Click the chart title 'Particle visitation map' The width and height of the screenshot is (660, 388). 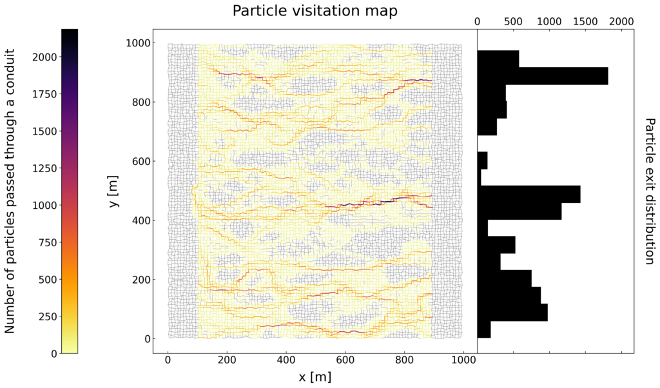click(x=315, y=11)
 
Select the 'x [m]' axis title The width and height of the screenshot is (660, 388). click(x=315, y=376)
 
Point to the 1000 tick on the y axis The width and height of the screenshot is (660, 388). click(x=137, y=43)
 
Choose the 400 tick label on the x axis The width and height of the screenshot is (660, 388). click(x=286, y=363)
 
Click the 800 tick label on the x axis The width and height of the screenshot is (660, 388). click(x=404, y=363)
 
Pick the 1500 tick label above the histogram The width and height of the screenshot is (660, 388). click(x=585, y=21)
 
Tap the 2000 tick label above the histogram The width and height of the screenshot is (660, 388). click(x=621, y=21)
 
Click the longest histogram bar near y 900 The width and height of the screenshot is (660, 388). click(x=542, y=76)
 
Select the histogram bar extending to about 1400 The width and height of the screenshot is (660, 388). click(x=529, y=194)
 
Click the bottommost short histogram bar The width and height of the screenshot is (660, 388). click(x=484, y=329)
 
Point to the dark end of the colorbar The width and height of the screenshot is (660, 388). click(x=70, y=32)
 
